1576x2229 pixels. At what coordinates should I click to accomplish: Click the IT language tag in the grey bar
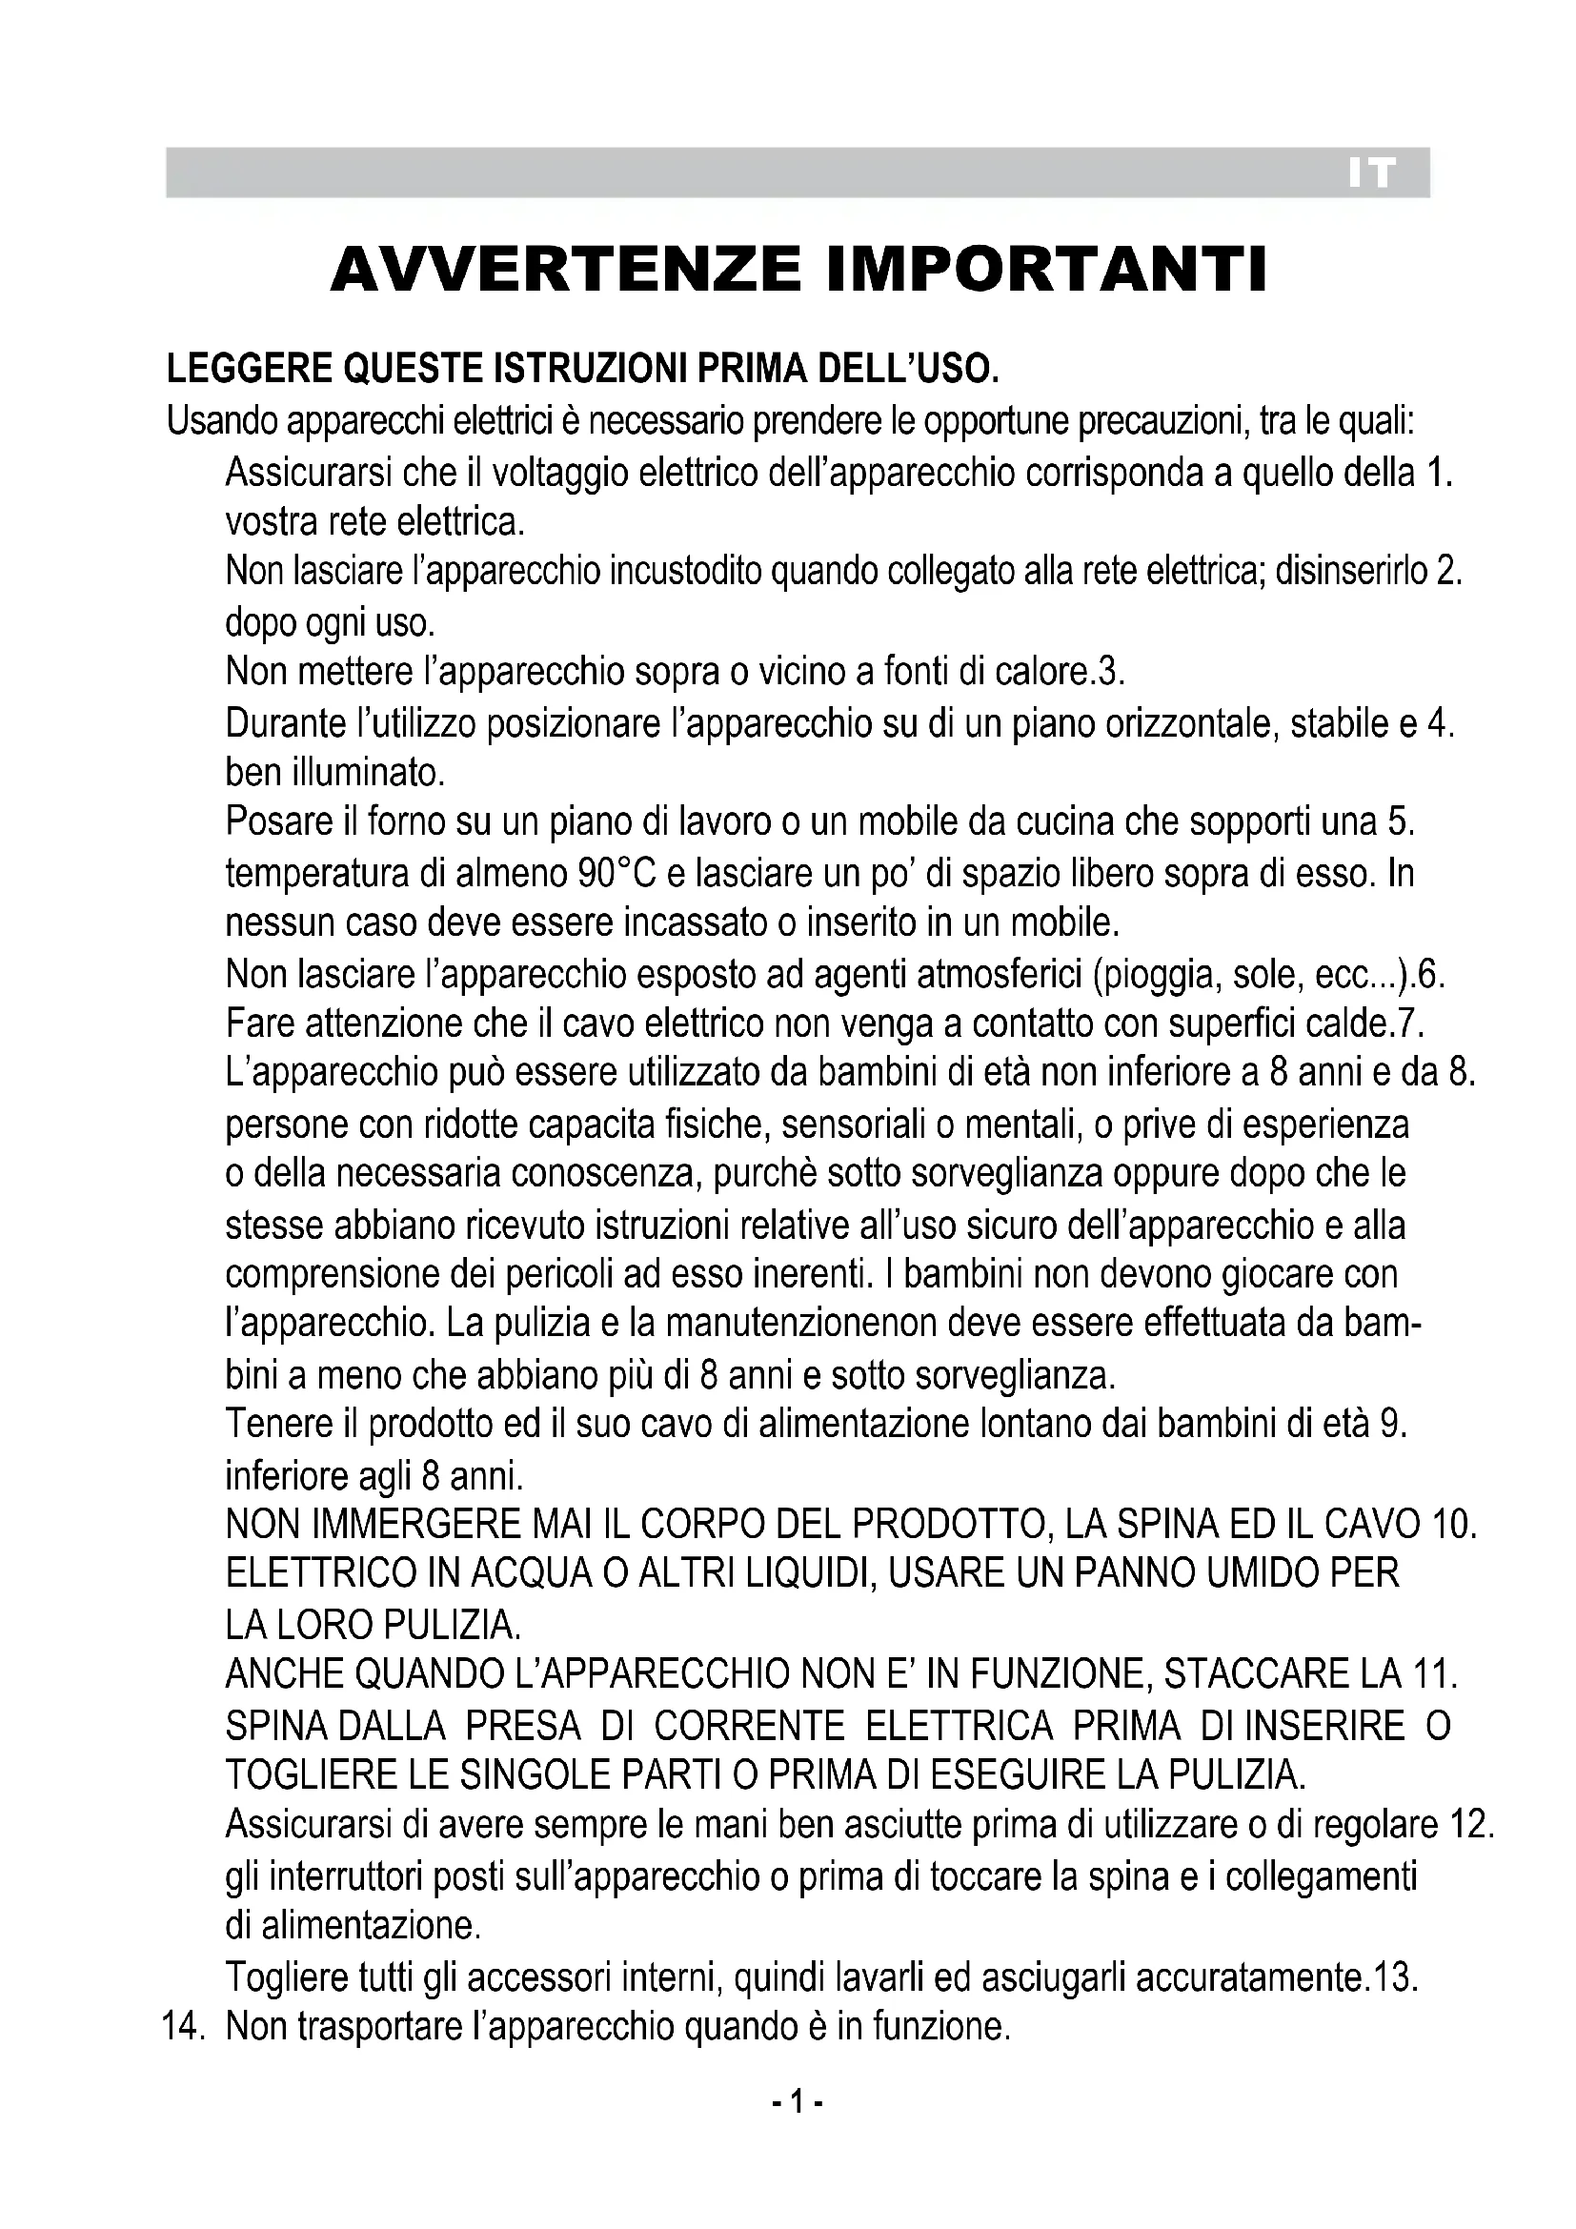click(x=1371, y=173)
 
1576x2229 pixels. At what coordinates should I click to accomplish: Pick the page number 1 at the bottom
click(x=797, y=2104)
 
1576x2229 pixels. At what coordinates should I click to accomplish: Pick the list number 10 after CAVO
click(x=1452, y=1525)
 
